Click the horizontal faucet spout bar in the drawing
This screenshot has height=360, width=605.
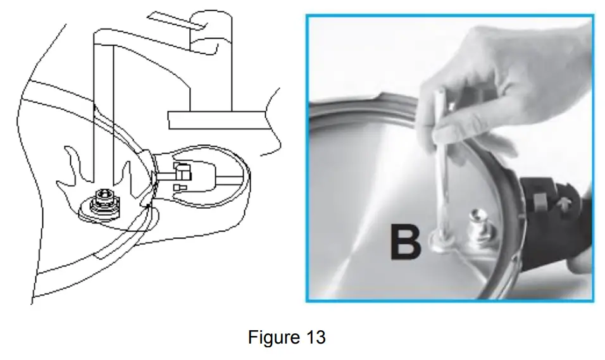(215, 119)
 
